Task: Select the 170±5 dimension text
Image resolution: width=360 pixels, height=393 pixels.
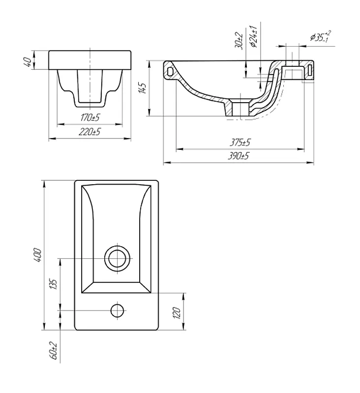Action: pos(90,117)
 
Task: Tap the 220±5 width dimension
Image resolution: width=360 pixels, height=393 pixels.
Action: pos(90,132)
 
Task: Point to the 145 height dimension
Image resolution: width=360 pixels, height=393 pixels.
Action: pos(143,88)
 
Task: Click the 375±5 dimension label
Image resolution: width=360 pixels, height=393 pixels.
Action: pos(240,142)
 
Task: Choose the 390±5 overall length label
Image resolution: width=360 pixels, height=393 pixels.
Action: pos(239,156)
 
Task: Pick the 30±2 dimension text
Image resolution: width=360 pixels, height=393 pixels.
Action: pos(240,41)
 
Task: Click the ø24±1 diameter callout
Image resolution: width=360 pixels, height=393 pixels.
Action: pos(253,36)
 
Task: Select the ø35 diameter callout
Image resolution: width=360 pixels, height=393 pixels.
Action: pos(320,37)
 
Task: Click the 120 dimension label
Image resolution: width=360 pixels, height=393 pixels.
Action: pos(177,313)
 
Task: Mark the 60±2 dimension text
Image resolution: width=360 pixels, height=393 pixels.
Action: pos(54,350)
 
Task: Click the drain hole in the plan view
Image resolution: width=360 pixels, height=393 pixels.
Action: pos(118,258)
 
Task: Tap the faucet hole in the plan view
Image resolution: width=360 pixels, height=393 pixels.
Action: pos(118,310)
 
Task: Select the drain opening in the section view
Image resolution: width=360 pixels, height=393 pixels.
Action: pos(240,108)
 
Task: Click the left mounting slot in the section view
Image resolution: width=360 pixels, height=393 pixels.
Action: pos(170,71)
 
